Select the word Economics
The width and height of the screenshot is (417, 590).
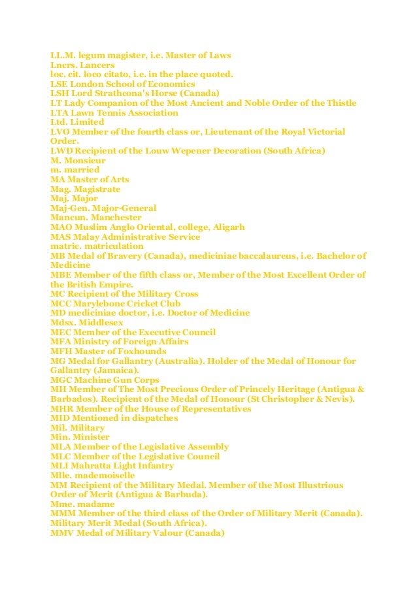172,84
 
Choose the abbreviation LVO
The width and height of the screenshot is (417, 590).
61,132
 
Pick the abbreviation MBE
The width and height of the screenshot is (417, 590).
61,274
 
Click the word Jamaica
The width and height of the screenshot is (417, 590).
116,370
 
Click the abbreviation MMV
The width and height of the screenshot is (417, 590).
63,533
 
